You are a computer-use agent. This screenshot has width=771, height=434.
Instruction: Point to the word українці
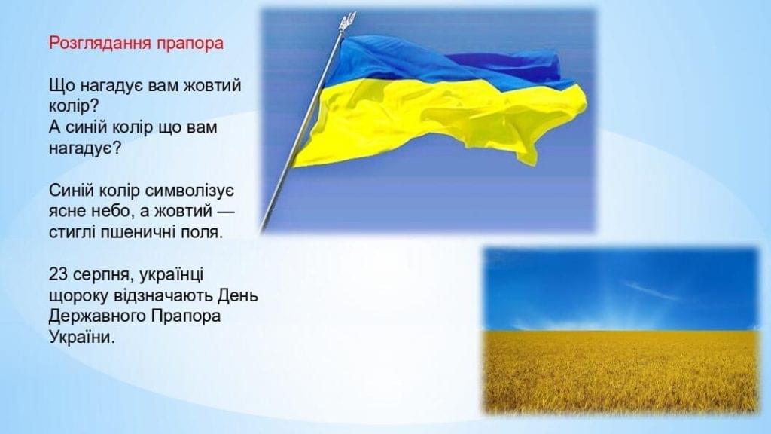[171, 275]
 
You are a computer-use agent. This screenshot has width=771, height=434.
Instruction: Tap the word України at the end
[81, 338]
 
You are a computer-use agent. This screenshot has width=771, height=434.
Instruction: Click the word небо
[113, 212]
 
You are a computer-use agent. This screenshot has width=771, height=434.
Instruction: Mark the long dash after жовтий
[225, 212]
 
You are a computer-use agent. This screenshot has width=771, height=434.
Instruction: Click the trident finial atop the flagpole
[347, 22]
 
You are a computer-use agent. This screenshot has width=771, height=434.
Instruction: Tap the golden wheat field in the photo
[620, 371]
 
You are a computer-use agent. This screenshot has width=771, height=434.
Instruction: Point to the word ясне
[68, 212]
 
